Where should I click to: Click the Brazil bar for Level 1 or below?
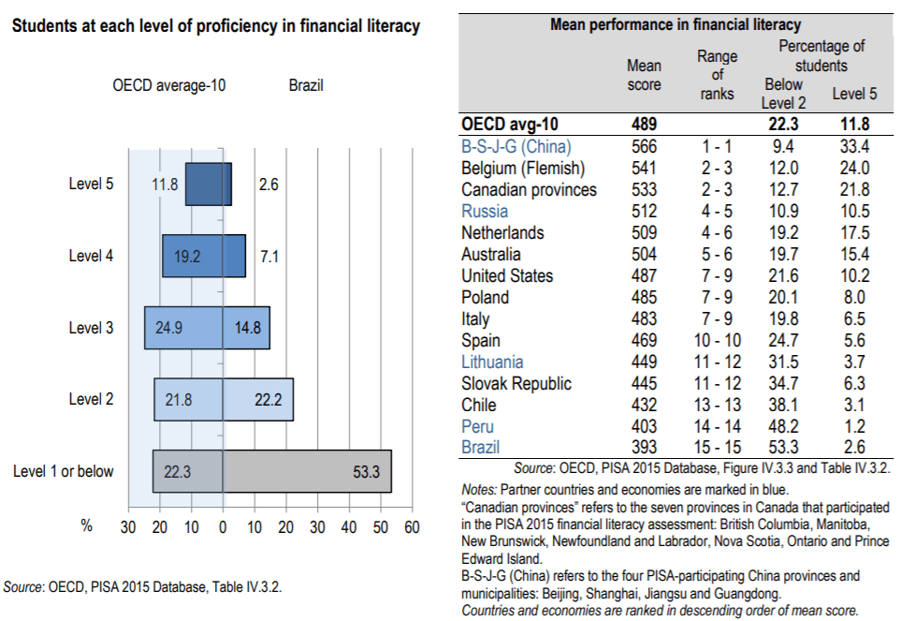tap(307, 471)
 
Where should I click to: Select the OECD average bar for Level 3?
tap(183, 328)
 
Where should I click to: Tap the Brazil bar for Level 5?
tap(227, 185)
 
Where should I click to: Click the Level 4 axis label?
tap(92, 256)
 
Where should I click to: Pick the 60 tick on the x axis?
tap(412, 526)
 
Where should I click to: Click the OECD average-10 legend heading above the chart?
tap(169, 86)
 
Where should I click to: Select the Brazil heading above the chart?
tap(306, 86)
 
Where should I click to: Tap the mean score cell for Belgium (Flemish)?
tap(644, 169)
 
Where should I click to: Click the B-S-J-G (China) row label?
tap(516, 147)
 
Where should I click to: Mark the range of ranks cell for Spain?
tap(719, 341)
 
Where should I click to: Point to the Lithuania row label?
tap(493, 362)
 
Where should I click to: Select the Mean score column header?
tap(644, 75)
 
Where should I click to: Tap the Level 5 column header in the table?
tap(854, 94)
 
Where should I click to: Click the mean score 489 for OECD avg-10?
tap(644, 124)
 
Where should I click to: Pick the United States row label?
tap(507, 276)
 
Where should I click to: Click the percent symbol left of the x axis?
tap(86, 526)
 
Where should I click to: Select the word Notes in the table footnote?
tap(479, 490)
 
